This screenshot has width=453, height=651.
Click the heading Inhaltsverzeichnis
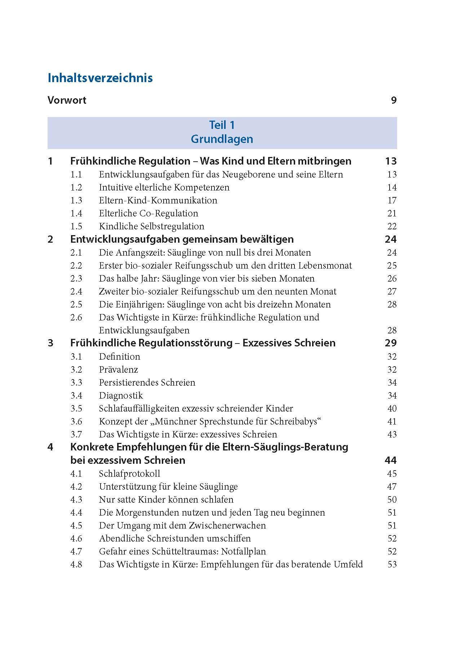100,78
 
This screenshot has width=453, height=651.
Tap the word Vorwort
67,100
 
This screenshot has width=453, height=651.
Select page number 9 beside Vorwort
394,100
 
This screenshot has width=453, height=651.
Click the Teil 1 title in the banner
222,125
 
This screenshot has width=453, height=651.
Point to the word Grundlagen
222,139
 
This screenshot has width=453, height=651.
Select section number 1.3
76,201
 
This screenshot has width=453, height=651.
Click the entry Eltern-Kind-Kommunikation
158,201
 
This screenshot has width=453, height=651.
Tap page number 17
392,201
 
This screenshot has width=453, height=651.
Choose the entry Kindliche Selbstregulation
151,226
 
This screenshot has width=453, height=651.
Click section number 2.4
76,292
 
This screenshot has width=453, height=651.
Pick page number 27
392,292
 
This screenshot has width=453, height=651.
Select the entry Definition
120,357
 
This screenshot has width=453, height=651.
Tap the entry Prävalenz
119,370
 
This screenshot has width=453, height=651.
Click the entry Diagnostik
121,396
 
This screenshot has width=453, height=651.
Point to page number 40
392,409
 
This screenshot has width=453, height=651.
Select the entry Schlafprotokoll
129,474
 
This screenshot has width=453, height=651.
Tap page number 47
392,487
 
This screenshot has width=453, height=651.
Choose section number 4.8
76,565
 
